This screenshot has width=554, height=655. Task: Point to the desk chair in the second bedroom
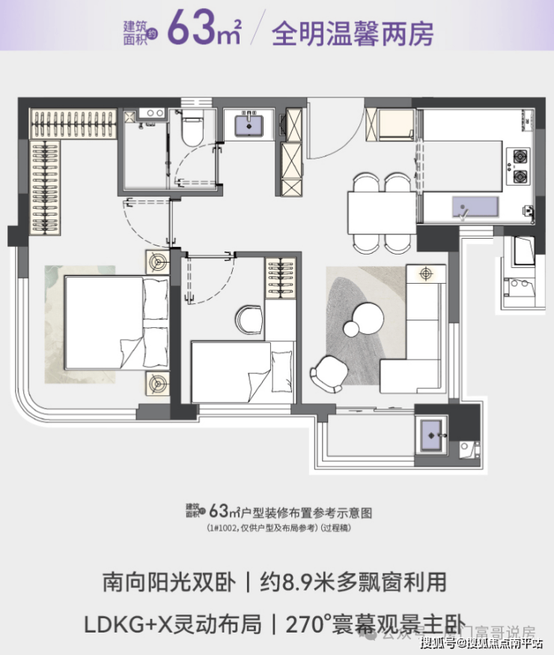tap(249, 319)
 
